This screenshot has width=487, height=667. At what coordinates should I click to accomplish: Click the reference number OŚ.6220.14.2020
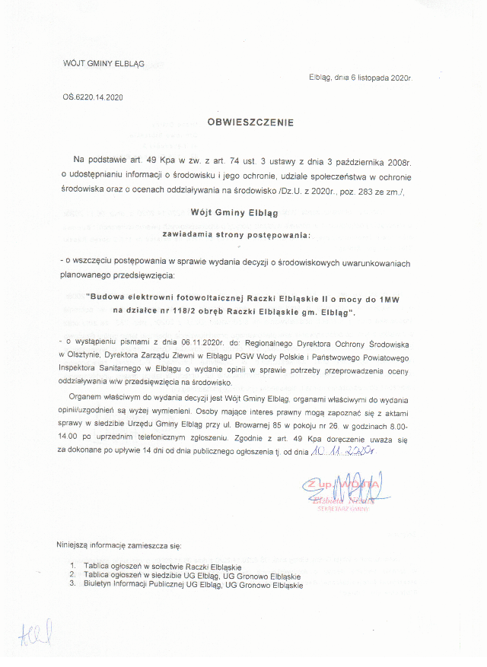coord(92,97)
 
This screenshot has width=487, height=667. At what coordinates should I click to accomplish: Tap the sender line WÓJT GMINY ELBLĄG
coord(103,64)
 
